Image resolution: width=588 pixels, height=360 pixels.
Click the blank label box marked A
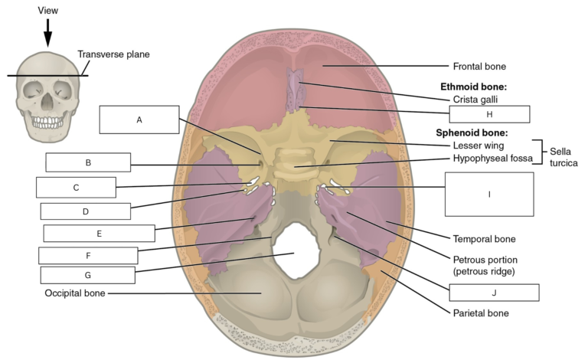tap(139, 119)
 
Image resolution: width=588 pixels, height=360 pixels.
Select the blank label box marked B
tap(88, 162)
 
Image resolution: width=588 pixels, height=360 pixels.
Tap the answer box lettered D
tap(86, 211)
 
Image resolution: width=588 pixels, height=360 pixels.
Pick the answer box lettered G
tap(88, 275)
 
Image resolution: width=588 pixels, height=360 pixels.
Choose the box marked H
tap(489, 114)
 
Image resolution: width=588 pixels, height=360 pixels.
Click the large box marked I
tap(489, 195)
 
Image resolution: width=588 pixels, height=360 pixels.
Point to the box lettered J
tap(495, 293)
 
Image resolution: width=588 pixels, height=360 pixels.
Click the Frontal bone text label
tap(479, 67)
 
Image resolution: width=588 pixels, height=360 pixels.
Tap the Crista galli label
tap(475, 100)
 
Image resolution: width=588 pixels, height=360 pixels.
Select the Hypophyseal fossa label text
tap(493, 159)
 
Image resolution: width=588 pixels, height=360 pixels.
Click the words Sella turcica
tap(563, 157)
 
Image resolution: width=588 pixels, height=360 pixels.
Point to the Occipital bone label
tap(75, 293)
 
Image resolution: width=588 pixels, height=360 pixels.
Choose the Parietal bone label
tap(481, 313)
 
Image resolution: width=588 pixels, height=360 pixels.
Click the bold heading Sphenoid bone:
tap(472, 133)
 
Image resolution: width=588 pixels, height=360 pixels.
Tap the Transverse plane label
tap(113, 54)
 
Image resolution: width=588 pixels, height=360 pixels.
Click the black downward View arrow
tap(47, 33)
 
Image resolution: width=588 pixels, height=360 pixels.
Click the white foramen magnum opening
tap(296, 250)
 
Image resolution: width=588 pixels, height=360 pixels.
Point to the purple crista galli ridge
tap(296, 90)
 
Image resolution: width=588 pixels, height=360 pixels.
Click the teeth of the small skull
tap(47, 122)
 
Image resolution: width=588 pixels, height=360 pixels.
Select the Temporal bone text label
tap(484, 239)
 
